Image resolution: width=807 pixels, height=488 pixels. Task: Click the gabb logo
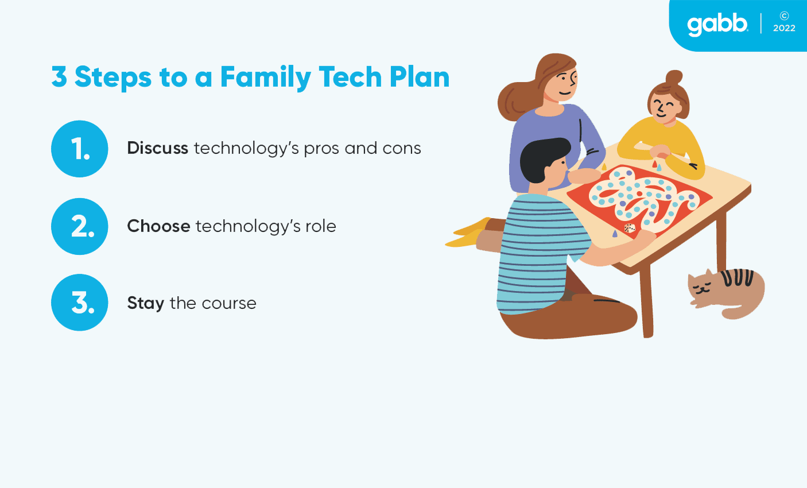[x=717, y=25]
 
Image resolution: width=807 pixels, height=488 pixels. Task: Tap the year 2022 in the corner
[x=784, y=28]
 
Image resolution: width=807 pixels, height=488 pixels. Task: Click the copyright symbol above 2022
[x=784, y=16]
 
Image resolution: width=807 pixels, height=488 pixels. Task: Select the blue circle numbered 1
[x=80, y=149]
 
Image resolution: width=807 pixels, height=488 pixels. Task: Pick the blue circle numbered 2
[x=80, y=226]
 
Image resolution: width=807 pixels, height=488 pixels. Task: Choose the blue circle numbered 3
[x=80, y=303]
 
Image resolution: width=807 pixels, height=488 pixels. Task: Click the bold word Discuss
[x=157, y=148]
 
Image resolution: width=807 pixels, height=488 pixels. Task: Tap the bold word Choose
[x=158, y=226]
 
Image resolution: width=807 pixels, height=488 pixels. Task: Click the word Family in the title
[x=266, y=77]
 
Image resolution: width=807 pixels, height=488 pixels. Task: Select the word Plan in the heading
[x=420, y=77]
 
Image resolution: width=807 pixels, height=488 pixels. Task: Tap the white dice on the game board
[x=630, y=228]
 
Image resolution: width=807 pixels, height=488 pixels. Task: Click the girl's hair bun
[x=674, y=78]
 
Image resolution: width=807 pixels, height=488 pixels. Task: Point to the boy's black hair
[x=544, y=158]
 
